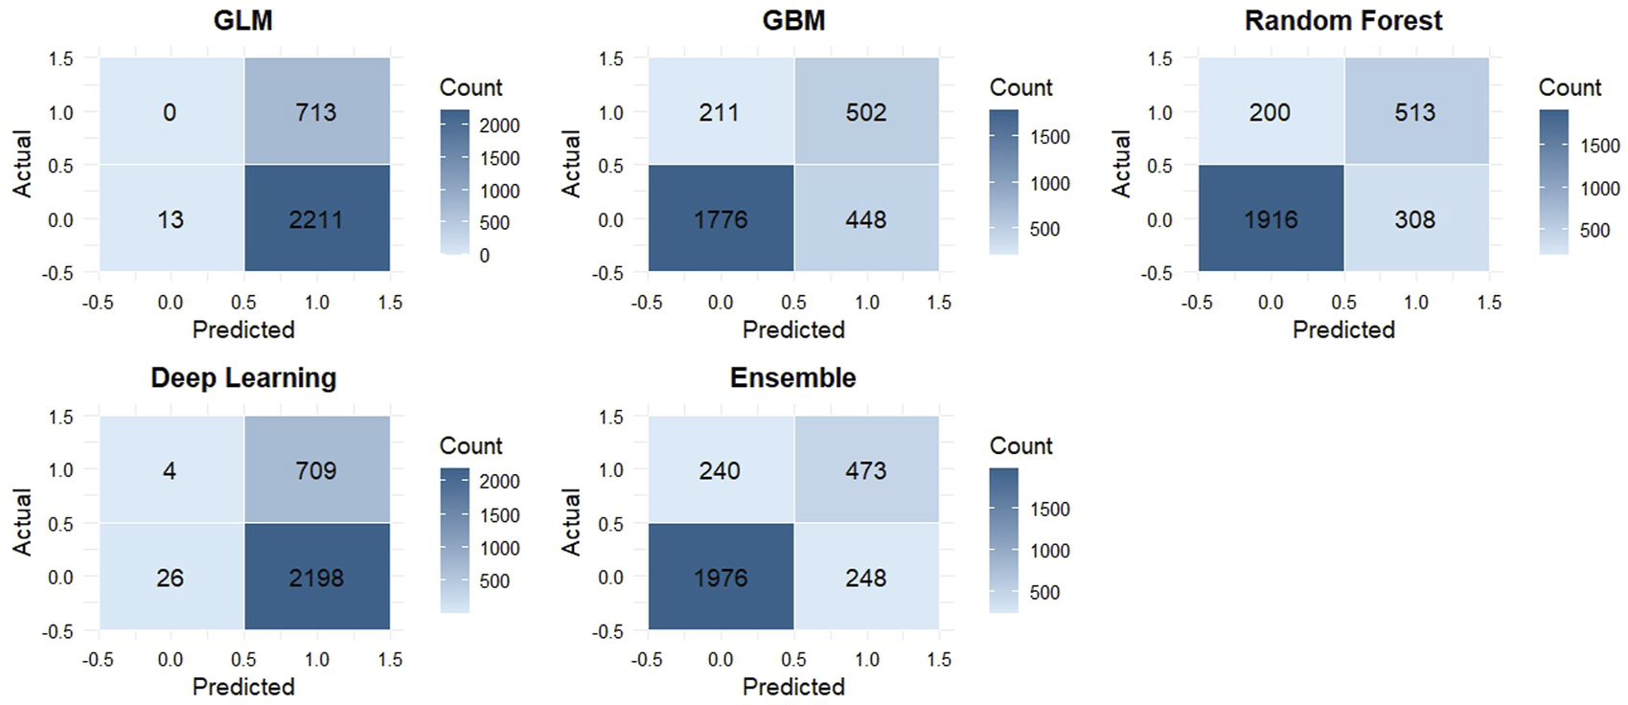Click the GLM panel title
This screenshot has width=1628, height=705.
pyautogui.click(x=242, y=20)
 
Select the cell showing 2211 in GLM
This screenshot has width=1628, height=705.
pyautogui.click(x=316, y=219)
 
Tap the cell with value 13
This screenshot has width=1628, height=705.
pyautogui.click(x=171, y=219)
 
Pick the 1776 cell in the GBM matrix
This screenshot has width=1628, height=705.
pyautogui.click(x=721, y=219)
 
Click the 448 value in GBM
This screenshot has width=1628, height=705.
pyautogui.click(x=865, y=219)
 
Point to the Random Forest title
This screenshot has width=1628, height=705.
pyautogui.click(x=1342, y=20)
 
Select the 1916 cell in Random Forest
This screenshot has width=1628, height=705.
pyautogui.click(x=1271, y=219)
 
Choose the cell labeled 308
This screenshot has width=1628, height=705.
pyautogui.click(x=1415, y=219)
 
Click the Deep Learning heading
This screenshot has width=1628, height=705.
pyautogui.click(x=243, y=377)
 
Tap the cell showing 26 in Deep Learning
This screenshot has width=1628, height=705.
pyautogui.click(x=171, y=578)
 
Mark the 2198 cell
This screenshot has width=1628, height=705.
pyautogui.click(x=316, y=578)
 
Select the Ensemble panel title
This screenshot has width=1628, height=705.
pyautogui.click(x=792, y=377)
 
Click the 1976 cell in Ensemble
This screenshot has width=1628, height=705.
pyautogui.click(x=721, y=578)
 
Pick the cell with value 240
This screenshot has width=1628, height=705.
pyautogui.click(x=720, y=470)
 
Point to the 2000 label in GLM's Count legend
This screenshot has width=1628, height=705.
pyautogui.click(x=499, y=125)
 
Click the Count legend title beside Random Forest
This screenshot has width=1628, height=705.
pyautogui.click(x=1570, y=87)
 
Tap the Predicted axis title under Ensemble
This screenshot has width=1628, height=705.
pyautogui.click(x=793, y=687)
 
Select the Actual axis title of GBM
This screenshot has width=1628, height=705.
pyautogui.click(x=571, y=164)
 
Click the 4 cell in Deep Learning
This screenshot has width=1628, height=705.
pyautogui.click(x=170, y=470)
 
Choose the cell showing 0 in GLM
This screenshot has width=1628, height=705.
pyautogui.click(x=170, y=112)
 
